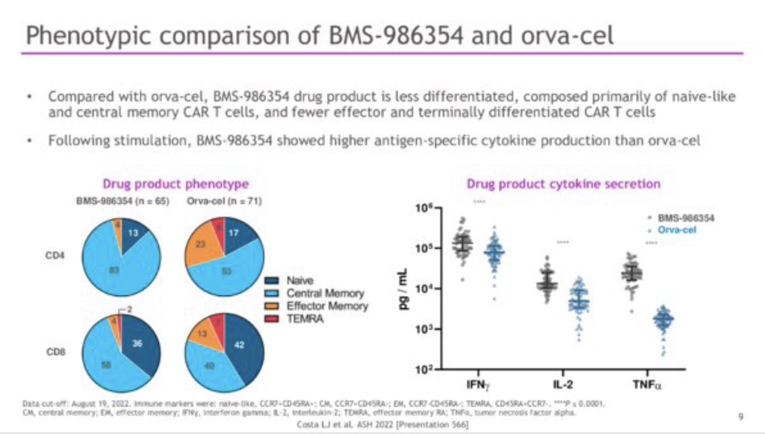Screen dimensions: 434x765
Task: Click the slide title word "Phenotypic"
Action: point(82,35)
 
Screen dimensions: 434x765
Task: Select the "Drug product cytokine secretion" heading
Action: point(563,184)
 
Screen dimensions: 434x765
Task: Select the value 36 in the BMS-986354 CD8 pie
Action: point(137,344)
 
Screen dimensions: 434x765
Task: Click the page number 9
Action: point(740,417)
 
